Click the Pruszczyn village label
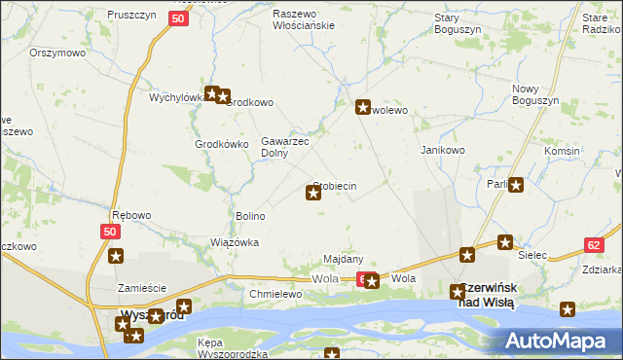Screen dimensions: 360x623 [x=131, y=17]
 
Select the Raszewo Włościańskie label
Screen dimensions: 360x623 [x=303, y=20]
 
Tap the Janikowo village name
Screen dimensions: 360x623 [x=443, y=151]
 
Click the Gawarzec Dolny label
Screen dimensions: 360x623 [x=284, y=147]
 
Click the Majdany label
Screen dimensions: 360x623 [x=344, y=259]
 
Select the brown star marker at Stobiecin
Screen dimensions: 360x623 [x=313, y=193]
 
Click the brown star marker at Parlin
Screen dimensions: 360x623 [x=516, y=185]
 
